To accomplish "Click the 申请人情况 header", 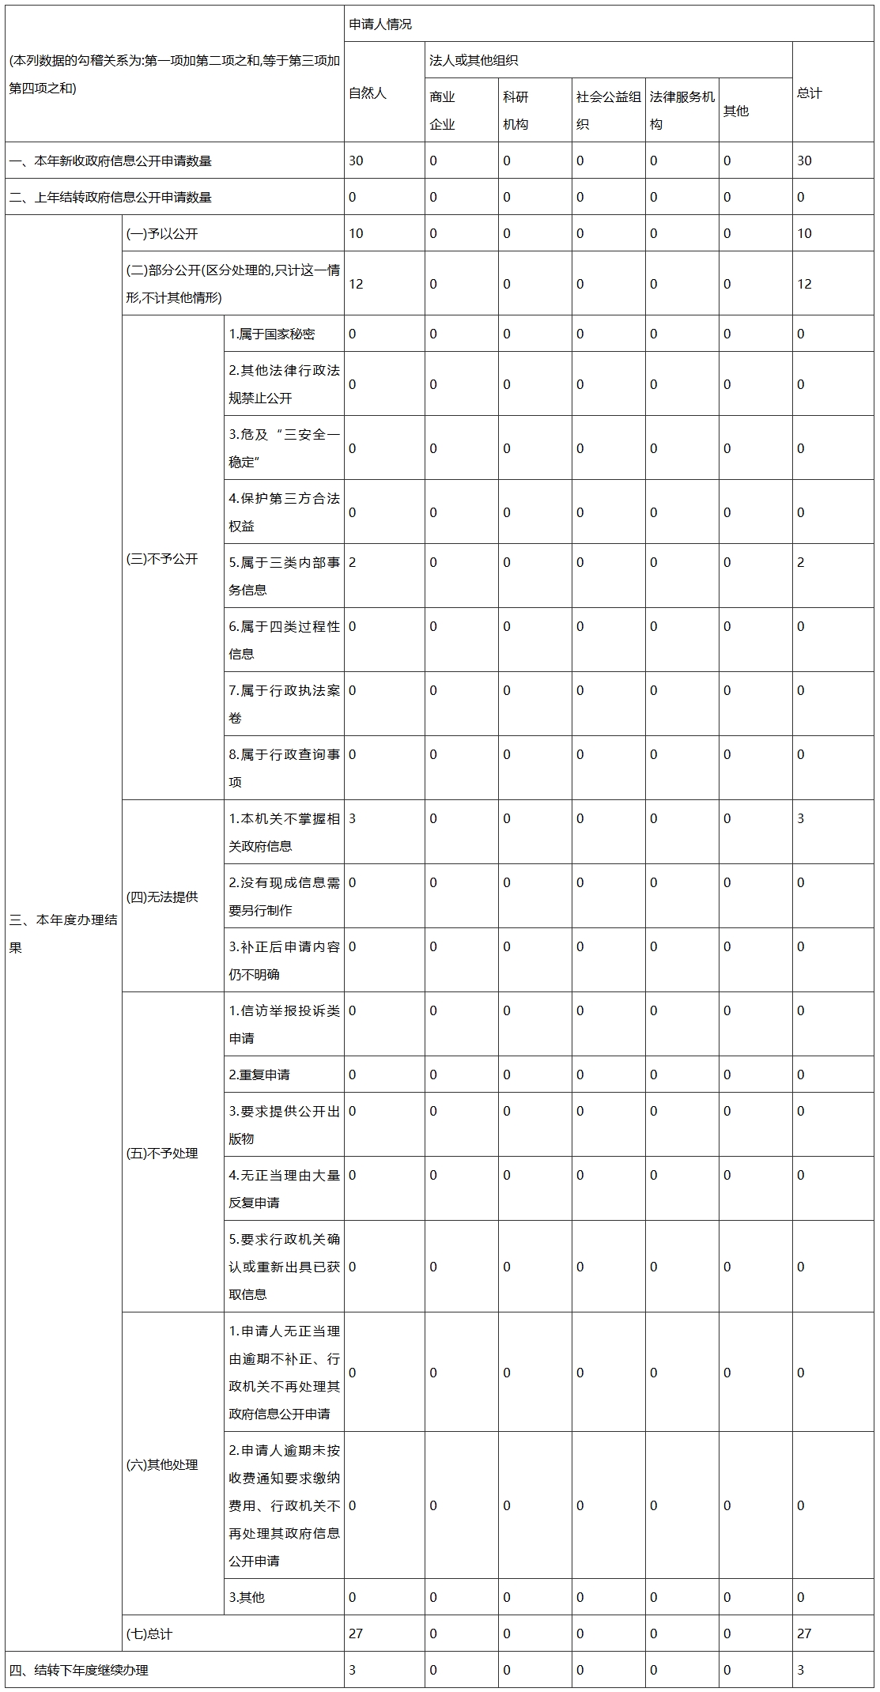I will [380, 25].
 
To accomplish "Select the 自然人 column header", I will [368, 93].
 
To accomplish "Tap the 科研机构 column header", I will [516, 111].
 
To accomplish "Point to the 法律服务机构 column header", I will [682, 111].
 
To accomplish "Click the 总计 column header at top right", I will [810, 93].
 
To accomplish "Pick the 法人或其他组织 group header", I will [474, 61].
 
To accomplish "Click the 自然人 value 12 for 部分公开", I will [356, 284].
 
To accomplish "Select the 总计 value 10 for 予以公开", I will [804, 233].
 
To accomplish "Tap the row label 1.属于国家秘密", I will [272, 334].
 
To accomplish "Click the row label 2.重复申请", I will [259, 1074].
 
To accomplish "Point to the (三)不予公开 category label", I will [162, 559].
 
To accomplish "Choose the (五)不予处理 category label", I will [162, 1153].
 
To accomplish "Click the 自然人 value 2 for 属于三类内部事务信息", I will [353, 562].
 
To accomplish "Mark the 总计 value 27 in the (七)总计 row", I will [804, 1633].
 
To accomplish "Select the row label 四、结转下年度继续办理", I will [79, 1670].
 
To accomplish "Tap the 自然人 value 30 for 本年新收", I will [356, 161].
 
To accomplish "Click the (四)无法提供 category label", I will [162, 897].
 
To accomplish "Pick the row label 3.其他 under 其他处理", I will [247, 1596].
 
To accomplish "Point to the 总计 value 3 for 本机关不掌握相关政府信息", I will [800, 818].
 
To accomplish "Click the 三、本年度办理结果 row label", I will [63, 933].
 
